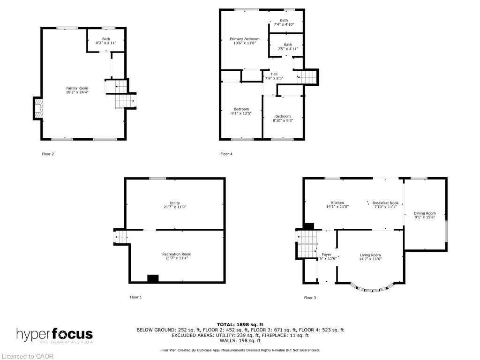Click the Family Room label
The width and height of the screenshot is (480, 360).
click(x=77, y=88)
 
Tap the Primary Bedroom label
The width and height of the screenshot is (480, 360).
click(x=244, y=39)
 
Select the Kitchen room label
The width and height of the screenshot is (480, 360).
click(x=337, y=203)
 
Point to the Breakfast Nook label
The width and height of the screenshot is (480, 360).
click(x=385, y=203)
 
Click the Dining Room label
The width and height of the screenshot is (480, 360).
click(x=425, y=213)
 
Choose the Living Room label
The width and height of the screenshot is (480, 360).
click(x=370, y=255)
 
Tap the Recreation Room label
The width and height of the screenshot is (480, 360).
click(x=177, y=254)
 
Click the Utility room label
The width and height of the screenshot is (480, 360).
click(x=174, y=203)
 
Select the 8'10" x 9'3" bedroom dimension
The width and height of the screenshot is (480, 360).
click(x=283, y=120)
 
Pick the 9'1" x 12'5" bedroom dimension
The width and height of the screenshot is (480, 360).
click(x=241, y=113)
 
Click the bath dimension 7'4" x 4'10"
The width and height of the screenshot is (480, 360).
click(x=284, y=24)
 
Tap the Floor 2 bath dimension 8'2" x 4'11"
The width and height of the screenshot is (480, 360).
click(x=106, y=43)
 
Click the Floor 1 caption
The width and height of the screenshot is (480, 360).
click(x=135, y=297)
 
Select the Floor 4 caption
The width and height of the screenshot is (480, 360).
click(x=226, y=154)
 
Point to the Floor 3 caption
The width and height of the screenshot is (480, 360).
click(x=310, y=298)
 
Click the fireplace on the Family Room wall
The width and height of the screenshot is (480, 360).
click(x=38, y=108)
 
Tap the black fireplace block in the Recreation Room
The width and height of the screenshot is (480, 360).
click(x=153, y=278)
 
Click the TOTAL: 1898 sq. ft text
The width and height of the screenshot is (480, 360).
click(x=240, y=324)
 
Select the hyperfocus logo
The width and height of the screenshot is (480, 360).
click(x=55, y=335)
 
